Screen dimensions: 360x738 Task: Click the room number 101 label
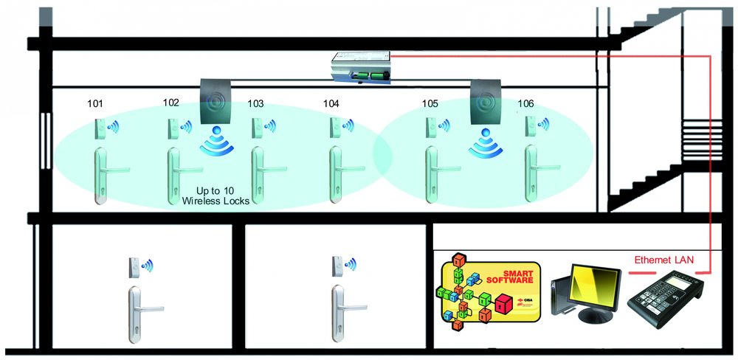95,104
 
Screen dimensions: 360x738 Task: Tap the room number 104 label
331,104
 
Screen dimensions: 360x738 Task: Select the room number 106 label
526,104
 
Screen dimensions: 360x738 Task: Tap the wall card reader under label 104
335,130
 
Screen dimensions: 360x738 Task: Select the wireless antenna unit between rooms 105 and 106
485,103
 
